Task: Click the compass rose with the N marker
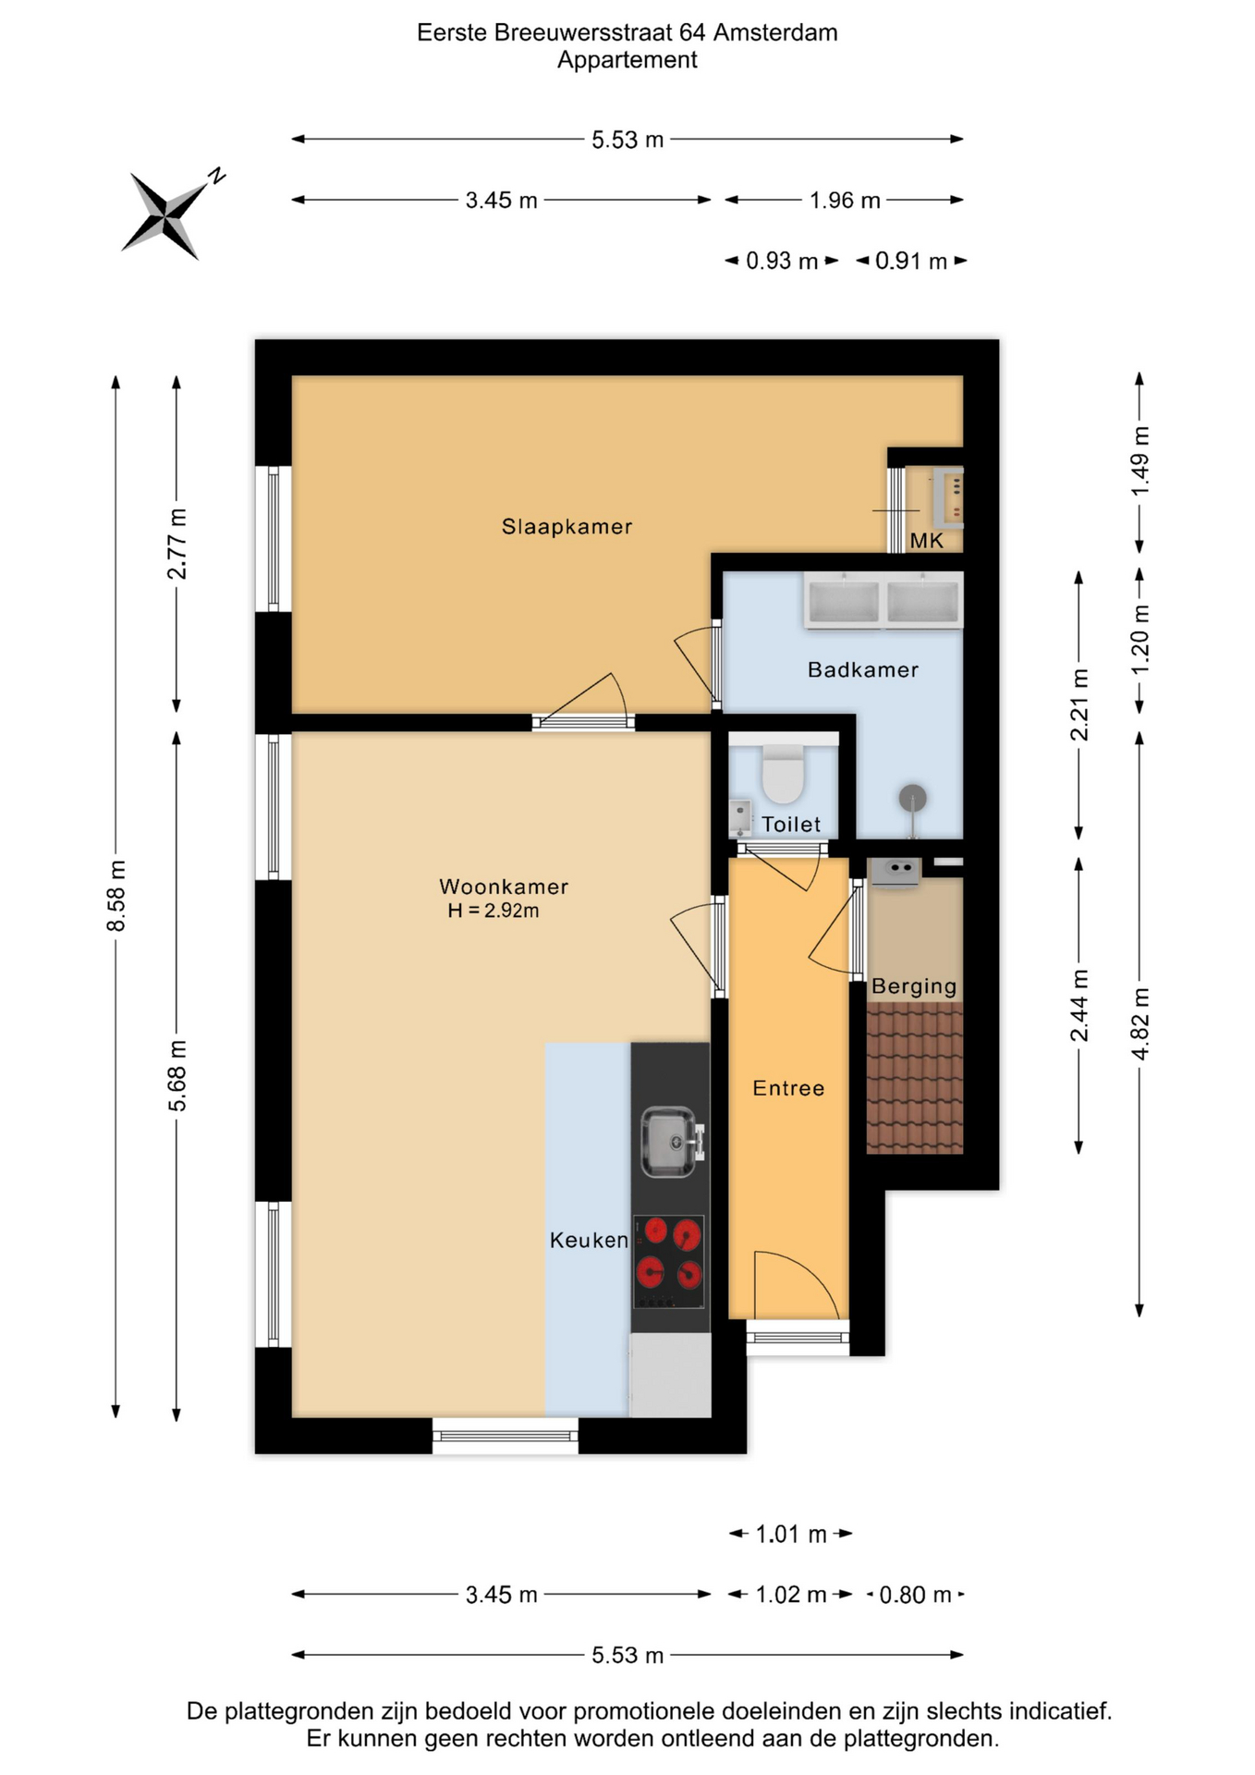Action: pos(166,216)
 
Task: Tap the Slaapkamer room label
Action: pos(567,527)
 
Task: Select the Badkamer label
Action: pos(863,669)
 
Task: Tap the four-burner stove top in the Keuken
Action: pos(669,1262)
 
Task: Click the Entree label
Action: pos(788,1088)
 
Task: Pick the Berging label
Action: pos(914,986)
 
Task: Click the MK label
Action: pos(927,541)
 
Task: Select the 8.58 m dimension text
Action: pos(116,896)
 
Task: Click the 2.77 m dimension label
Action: pos(177,544)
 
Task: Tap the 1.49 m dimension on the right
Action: pos(1140,460)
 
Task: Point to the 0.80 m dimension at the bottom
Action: pos(915,1595)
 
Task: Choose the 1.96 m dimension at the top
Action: pos(845,201)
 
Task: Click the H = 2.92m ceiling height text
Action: pos(493,911)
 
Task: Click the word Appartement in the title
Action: pos(627,60)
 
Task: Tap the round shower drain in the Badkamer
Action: pos(913,798)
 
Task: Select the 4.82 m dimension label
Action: pos(1140,1023)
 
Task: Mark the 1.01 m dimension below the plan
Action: pos(791,1535)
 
